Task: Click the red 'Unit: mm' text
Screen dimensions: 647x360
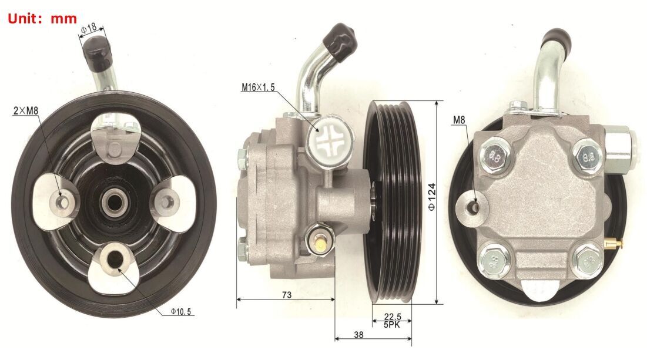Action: pyautogui.click(x=42, y=19)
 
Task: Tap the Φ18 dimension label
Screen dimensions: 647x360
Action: pyautogui.click(x=89, y=28)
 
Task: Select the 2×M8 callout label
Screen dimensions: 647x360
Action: pyautogui.click(x=26, y=110)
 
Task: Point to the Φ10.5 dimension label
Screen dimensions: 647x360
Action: pyautogui.click(x=181, y=312)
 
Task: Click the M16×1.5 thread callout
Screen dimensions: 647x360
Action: pyautogui.click(x=259, y=87)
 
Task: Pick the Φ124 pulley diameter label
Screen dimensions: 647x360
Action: pyautogui.click(x=431, y=197)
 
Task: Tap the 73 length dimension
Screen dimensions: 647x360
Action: pyautogui.click(x=286, y=295)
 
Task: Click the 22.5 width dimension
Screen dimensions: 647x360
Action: pyautogui.click(x=393, y=317)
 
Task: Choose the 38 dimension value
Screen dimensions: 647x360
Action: pyautogui.click(x=358, y=335)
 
